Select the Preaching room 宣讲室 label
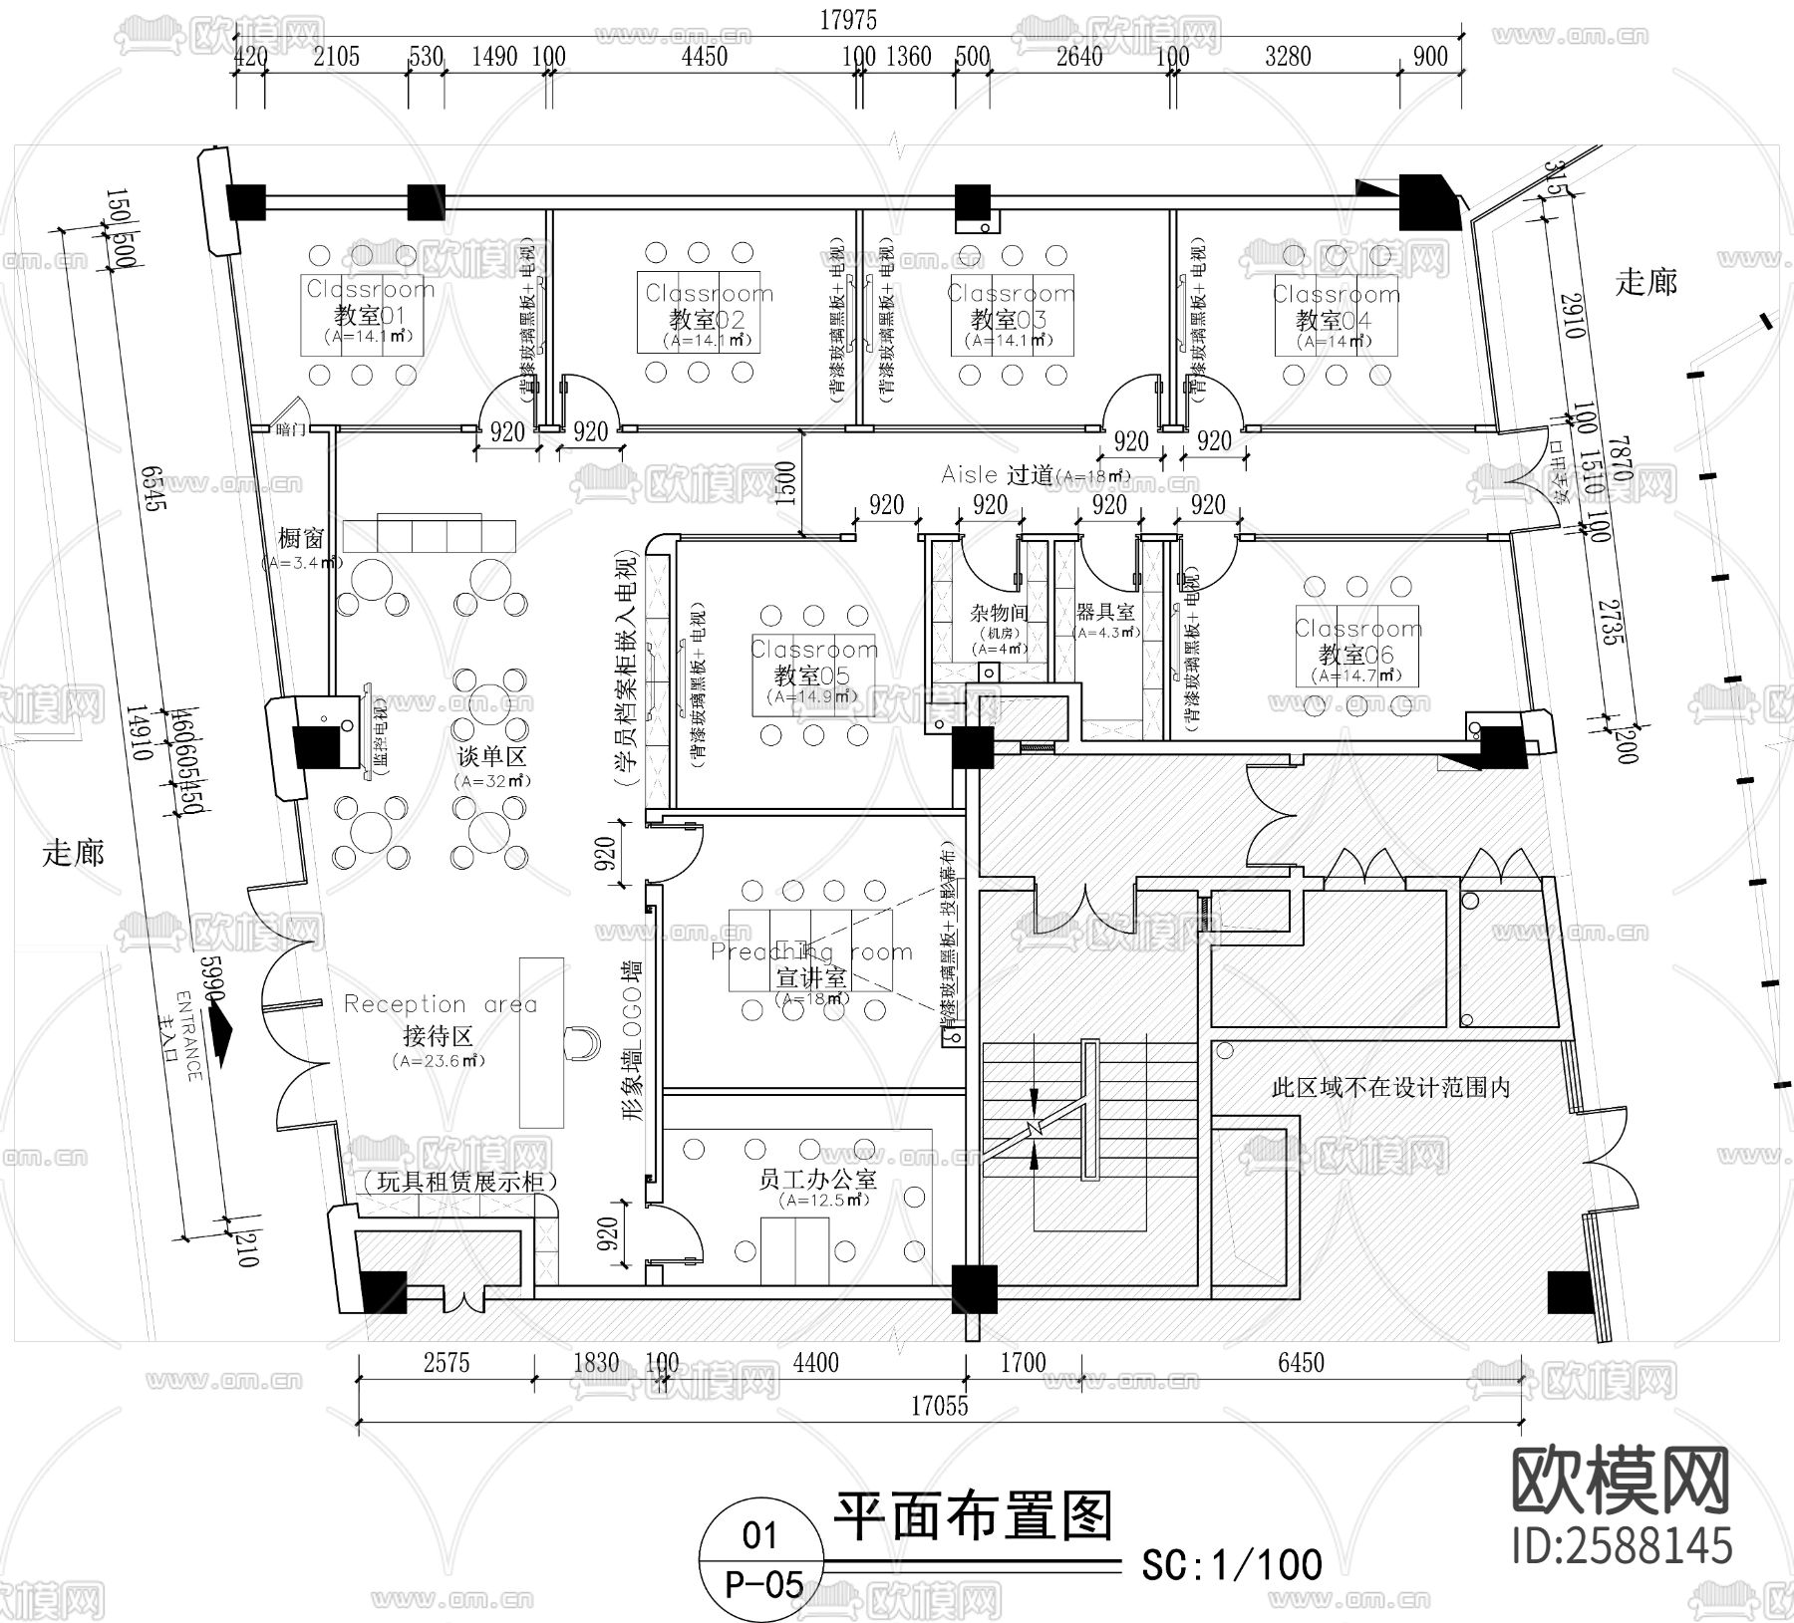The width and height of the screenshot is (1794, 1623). tap(811, 965)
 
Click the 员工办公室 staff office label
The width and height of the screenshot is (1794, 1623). tap(817, 1180)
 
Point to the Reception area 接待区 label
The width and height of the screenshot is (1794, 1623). tap(440, 1020)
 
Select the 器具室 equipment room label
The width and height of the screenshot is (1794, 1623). tap(1105, 611)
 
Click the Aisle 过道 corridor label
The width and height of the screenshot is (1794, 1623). tap(1033, 475)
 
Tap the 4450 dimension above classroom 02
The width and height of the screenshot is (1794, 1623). tap(704, 56)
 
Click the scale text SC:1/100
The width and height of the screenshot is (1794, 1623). tap(1232, 1564)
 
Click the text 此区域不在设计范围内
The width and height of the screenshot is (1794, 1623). tap(1390, 1087)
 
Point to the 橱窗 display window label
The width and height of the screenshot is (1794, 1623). tap(300, 539)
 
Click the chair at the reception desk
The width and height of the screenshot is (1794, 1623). tap(580, 1042)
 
